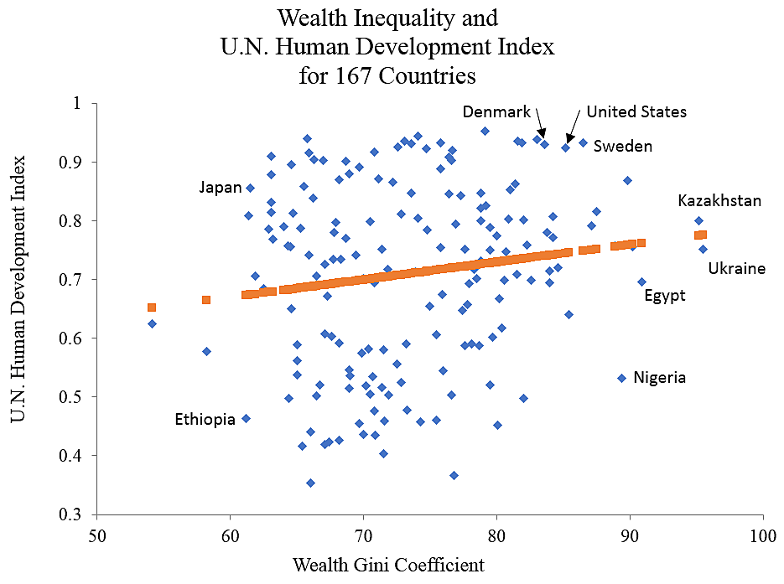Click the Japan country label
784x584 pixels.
coord(221,187)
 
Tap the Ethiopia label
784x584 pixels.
coord(205,419)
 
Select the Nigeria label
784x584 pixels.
coord(659,377)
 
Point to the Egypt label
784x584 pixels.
coord(664,295)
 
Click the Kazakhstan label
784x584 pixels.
coord(719,200)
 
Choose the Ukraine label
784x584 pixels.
coord(736,268)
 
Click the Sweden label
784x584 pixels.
coord(622,146)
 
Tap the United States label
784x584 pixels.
coord(636,111)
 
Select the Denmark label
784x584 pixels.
coord(496,111)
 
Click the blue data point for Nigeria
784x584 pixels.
coord(621,378)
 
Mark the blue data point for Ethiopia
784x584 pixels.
coord(246,418)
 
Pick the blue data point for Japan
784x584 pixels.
coord(250,188)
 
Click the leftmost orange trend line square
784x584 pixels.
coord(152,308)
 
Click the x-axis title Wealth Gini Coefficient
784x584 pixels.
coord(388,564)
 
